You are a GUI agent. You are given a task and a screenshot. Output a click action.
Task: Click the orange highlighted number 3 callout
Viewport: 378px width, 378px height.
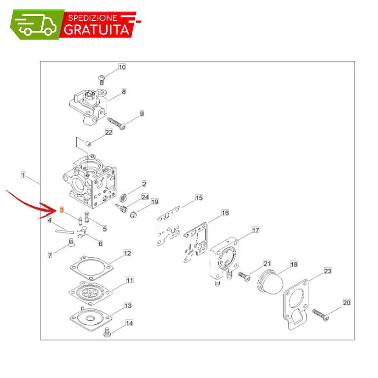62,210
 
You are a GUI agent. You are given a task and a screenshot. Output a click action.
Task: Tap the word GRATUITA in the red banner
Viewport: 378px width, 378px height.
97,29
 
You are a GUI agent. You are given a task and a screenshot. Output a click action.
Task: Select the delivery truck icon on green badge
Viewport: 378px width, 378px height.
36,25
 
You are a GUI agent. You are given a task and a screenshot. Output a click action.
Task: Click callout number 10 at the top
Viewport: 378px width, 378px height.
122,67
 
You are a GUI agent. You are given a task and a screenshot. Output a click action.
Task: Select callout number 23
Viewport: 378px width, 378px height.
327,271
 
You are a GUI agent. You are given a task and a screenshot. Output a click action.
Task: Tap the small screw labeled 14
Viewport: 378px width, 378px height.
107,332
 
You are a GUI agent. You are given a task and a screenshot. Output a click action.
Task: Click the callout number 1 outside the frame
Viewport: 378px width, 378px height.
23,175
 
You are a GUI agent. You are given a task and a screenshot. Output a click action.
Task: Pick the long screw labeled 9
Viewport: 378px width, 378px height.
116,123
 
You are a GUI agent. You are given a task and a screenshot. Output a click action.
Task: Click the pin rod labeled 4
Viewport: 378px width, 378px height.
65,232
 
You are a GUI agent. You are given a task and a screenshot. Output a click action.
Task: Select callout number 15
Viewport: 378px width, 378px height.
199,198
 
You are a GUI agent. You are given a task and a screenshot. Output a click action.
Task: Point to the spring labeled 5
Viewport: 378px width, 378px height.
87,217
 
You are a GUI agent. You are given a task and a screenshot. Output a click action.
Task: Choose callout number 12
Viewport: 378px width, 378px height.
127,253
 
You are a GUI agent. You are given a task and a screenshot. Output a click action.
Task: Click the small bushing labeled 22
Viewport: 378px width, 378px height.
88,144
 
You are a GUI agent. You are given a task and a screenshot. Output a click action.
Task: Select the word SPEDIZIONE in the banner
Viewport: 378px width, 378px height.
93,18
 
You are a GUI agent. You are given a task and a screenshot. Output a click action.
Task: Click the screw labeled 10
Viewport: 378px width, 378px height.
101,80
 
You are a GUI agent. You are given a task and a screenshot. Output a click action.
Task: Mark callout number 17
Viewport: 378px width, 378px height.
256,230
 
